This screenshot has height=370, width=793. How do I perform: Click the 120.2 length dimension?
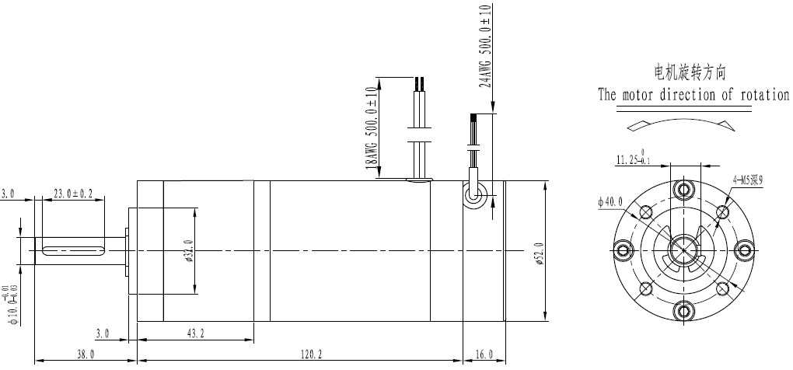click(x=309, y=354)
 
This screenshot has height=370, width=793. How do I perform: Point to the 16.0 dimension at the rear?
click(x=484, y=354)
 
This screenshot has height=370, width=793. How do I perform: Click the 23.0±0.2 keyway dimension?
click(x=69, y=192)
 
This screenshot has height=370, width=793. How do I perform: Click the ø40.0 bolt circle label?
click(x=612, y=202)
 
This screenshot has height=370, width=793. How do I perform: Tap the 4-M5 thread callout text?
click(x=748, y=180)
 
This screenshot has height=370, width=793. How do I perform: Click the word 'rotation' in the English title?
click(x=761, y=96)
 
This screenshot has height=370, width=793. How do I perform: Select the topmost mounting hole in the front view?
click(x=684, y=190)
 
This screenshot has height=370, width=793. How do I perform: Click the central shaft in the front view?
click(x=684, y=250)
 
